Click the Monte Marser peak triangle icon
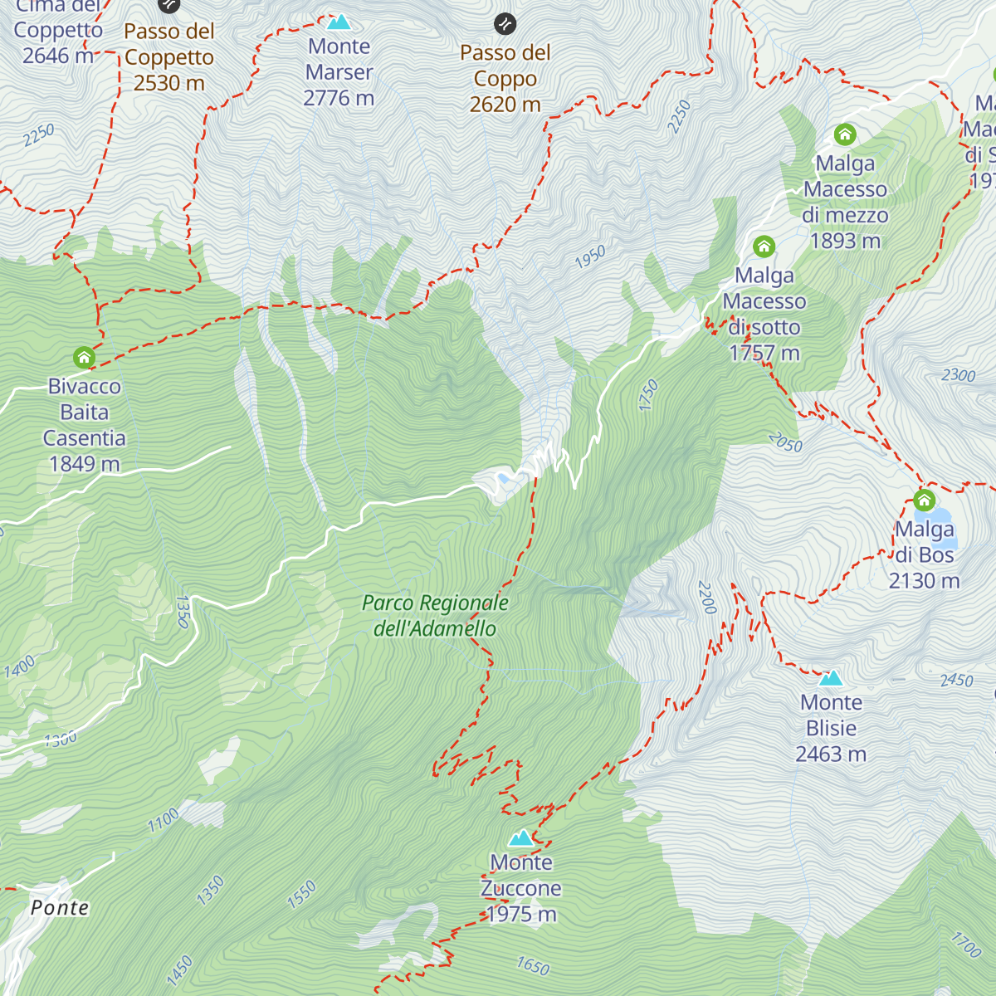pos(339,22)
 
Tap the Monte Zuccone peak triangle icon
pos(521,837)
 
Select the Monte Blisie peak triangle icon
pos(831,678)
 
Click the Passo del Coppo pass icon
pos(505,24)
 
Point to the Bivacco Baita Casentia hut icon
pos(84,358)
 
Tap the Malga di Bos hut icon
pos(924,500)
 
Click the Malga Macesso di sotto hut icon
pos(764,247)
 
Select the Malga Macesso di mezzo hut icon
pos(845,134)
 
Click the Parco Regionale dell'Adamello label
pos(435,615)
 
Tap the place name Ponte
pos(60,907)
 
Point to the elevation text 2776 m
pos(339,98)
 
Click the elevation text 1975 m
pos(521,914)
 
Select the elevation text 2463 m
pos(831,754)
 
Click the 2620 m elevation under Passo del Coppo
pos(505,104)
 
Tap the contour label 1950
pos(590,257)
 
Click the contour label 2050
pos(785,442)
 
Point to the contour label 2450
pos(956,681)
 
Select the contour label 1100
pos(164,821)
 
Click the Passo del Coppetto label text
pos(169,45)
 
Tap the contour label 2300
pos(959,375)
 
